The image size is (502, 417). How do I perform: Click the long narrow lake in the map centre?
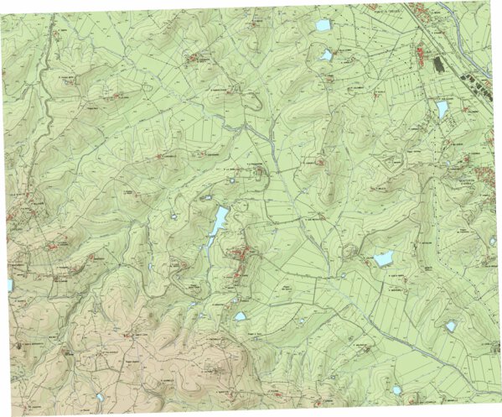[216, 227]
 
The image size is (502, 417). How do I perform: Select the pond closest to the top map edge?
[323, 26]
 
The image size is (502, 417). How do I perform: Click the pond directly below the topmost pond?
[327, 55]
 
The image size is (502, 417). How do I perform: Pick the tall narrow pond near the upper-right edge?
[442, 109]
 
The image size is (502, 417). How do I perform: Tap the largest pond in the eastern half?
[383, 258]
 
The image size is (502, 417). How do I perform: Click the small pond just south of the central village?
[241, 317]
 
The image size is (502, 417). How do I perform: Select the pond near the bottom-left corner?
[99, 397]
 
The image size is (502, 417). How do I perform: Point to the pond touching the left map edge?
[9, 285]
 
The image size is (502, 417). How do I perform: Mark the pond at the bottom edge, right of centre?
[396, 389]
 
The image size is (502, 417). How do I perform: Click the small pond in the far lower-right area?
[451, 326]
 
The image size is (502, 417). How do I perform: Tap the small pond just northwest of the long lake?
[206, 198]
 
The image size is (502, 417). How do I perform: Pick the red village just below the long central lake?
[241, 260]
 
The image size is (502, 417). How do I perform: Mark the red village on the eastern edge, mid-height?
[483, 176]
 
